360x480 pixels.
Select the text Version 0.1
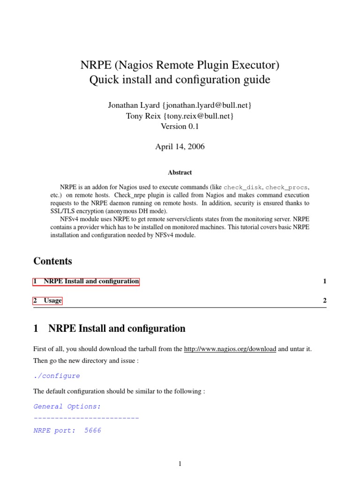180,126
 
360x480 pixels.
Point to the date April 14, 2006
180,147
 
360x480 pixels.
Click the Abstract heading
180,172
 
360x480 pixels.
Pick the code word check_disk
242,187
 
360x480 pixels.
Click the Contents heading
53,261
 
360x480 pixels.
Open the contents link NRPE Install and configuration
86,281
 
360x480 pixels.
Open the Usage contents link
48,300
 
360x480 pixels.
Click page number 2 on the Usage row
324,300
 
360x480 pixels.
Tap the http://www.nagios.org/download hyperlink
230,349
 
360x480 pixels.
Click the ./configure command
57,375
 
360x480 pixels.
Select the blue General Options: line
67,406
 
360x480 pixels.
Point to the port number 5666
93,430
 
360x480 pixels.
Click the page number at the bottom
180,464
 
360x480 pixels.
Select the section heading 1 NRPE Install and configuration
109,329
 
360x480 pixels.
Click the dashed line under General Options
86,417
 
